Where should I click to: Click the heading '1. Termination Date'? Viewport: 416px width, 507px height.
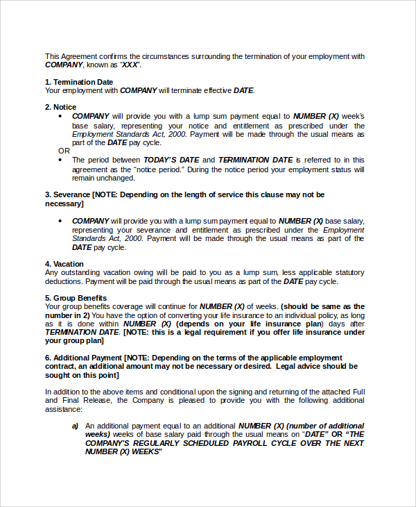78,82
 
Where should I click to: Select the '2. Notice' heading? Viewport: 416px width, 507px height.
60,107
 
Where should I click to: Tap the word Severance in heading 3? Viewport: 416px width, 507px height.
71,195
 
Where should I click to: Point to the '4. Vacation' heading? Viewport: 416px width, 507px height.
64,264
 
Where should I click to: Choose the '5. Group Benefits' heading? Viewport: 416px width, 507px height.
76,298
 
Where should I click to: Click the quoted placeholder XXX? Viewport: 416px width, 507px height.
130,65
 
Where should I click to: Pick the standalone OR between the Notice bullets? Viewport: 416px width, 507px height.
64,151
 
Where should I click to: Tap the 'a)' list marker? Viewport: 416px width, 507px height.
76,425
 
